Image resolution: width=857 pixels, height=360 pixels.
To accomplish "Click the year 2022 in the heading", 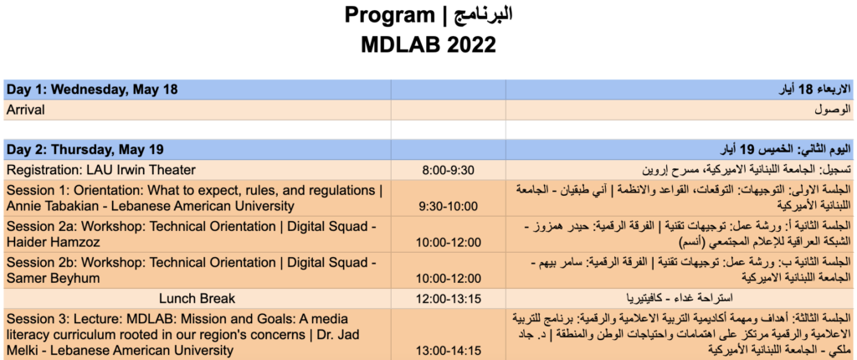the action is pyautogui.click(x=464, y=44).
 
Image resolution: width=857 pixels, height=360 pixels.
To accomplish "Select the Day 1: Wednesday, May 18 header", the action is pyautogui.click(x=92, y=90).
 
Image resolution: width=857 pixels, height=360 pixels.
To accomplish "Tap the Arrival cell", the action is pyautogui.click(x=26, y=110).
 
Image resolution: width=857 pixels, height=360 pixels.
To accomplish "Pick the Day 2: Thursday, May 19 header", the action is pyautogui.click(x=85, y=149).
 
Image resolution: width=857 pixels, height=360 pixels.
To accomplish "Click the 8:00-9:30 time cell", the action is pyautogui.click(x=449, y=170).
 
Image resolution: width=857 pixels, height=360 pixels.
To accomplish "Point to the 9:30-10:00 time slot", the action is pyautogui.click(x=449, y=206).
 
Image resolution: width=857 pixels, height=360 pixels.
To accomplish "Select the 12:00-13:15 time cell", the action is pyautogui.click(x=449, y=298).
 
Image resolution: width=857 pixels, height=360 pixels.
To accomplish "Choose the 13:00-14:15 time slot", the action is pyautogui.click(x=449, y=350).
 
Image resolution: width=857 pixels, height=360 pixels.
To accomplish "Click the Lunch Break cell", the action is pyautogui.click(x=198, y=298).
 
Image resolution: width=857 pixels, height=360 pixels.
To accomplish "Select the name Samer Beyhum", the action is pyautogui.click(x=53, y=279).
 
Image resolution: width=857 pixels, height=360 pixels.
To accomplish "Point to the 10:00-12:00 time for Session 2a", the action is pyautogui.click(x=449, y=242).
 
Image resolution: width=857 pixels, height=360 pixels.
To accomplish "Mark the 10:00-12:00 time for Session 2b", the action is pyautogui.click(x=449, y=279).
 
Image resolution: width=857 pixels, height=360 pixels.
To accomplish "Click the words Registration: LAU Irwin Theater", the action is pyautogui.click(x=101, y=170).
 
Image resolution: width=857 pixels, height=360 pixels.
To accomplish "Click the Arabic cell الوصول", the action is pyautogui.click(x=833, y=110).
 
